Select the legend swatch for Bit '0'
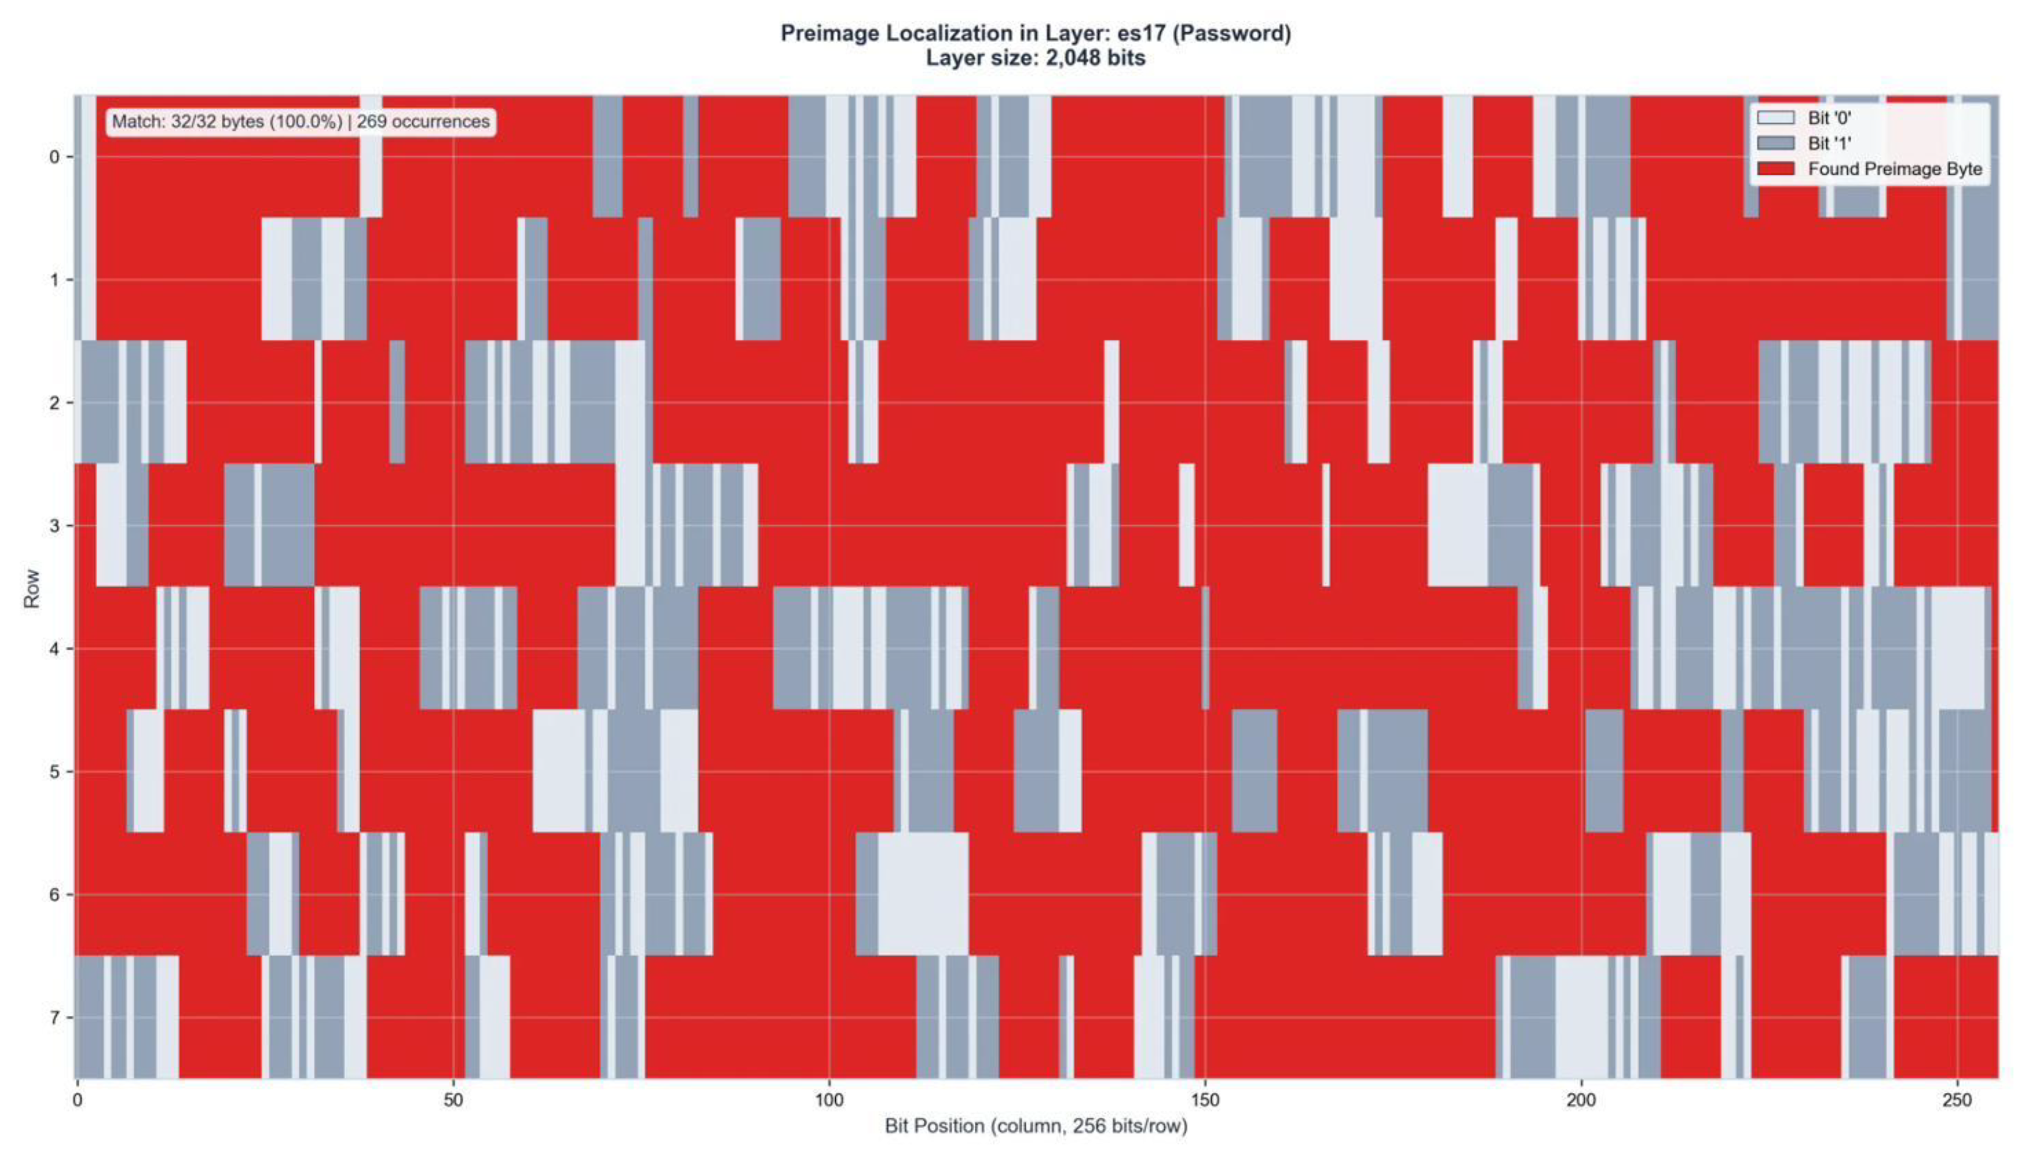1775,118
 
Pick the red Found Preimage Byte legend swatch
1775,169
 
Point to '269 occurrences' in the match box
423,122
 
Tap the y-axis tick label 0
54,157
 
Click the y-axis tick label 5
54,772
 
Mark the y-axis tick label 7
54,1018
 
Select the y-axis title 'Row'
31,588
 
